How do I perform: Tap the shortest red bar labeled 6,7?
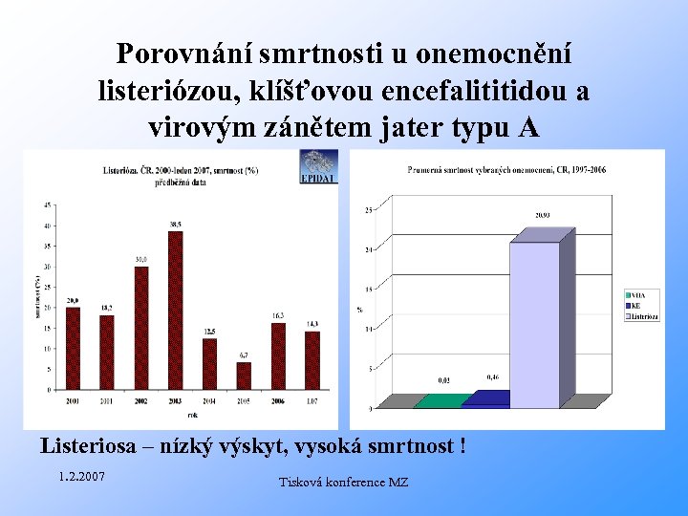coord(244,376)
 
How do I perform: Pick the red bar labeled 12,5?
coord(209,364)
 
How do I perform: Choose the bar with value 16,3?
coord(278,355)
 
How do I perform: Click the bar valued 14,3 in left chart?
coord(312,360)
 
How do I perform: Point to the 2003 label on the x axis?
coord(175,399)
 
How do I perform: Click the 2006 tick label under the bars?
coord(278,399)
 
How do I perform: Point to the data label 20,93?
coord(541,216)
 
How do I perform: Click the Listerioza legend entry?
coord(645,316)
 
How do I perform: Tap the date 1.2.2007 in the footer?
coord(81,476)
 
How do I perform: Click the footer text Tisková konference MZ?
coord(343,483)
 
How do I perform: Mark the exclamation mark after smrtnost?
coord(462,445)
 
